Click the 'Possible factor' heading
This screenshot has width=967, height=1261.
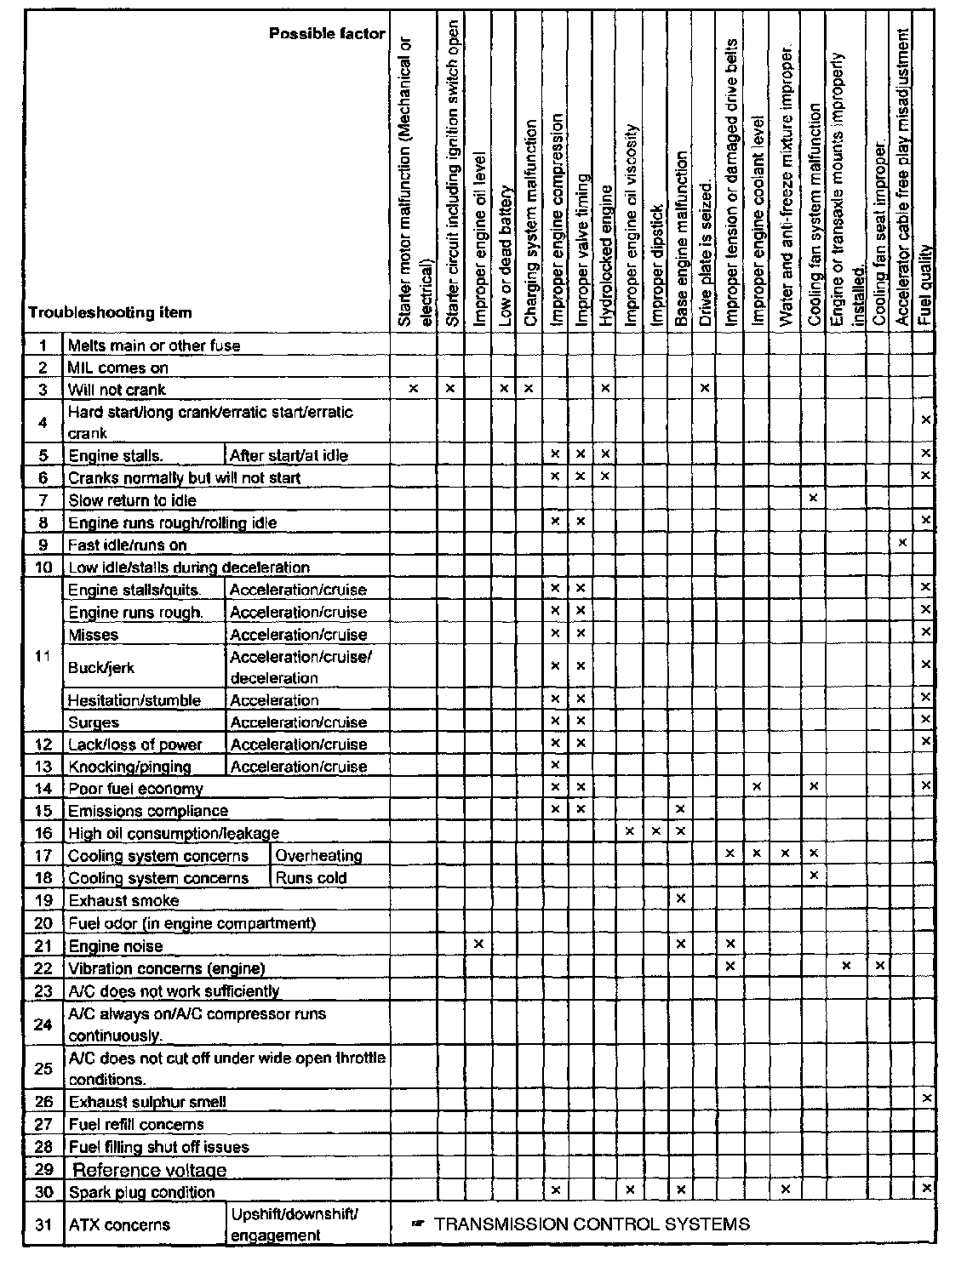tap(327, 34)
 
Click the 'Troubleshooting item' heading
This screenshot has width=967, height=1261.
tap(110, 312)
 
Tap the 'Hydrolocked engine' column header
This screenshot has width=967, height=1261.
tap(605, 256)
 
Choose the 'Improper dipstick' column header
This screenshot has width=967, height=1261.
tap(655, 265)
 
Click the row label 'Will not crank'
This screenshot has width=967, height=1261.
tap(117, 391)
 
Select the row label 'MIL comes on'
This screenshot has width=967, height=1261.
tap(118, 368)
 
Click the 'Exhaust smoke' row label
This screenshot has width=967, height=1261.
tap(123, 901)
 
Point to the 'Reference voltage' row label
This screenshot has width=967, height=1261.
tap(150, 1171)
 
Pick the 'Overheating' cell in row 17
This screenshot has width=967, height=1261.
tap(319, 856)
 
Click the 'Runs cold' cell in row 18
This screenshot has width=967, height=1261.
tap(312, 878)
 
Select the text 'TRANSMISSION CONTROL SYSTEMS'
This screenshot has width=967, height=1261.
tap(592, 1224)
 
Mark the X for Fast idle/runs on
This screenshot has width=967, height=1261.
tap(902, 543)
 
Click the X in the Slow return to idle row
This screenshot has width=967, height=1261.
tap(814, 498)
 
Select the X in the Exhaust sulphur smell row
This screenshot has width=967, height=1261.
tap(926, 1099)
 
